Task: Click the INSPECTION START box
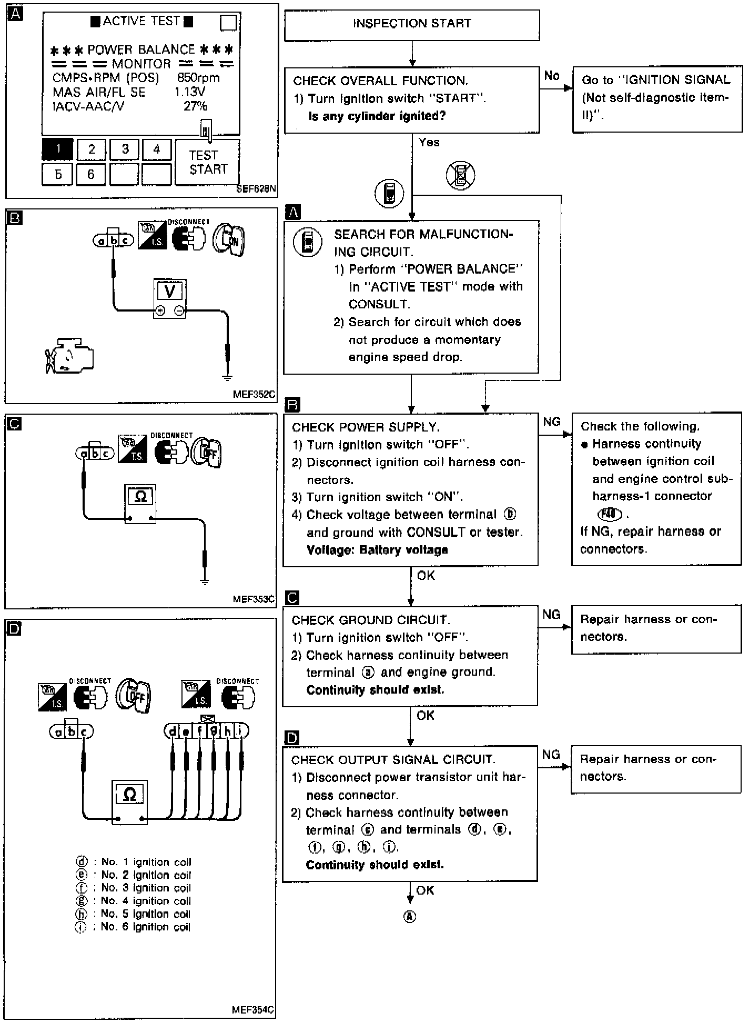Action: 412,24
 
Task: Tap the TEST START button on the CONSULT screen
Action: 207,162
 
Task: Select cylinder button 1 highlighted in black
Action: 58,149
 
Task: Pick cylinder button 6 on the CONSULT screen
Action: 90,175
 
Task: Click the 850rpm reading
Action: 198,78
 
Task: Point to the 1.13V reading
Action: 190,92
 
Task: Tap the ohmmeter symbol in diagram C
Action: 140,497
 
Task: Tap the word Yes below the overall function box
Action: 429,142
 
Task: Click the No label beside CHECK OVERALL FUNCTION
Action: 552,76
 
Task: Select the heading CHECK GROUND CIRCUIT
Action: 371,620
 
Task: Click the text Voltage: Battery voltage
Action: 377,550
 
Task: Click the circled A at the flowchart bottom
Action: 410,916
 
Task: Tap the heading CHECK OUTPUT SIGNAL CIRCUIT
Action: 393,760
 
